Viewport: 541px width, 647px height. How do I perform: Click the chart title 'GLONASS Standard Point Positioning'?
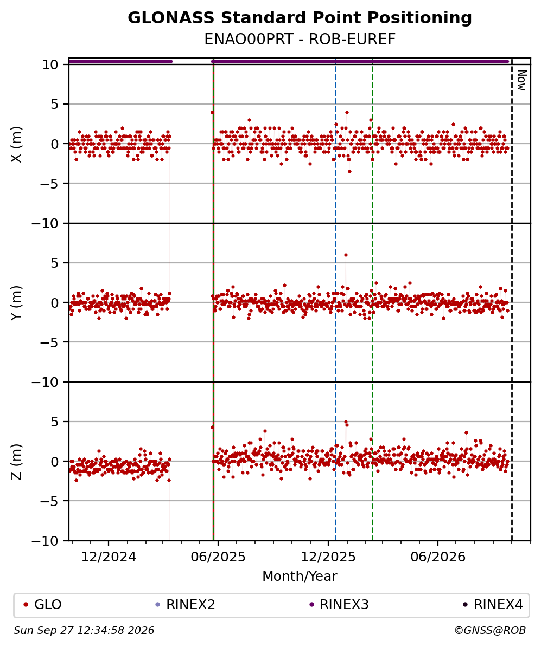300,18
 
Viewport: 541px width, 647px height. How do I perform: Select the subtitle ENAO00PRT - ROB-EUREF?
300,39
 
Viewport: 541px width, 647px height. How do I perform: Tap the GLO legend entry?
43,605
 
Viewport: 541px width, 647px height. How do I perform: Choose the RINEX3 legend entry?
339,605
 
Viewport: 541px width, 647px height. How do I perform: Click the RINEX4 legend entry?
493,605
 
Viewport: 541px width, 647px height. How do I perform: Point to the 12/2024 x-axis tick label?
109,557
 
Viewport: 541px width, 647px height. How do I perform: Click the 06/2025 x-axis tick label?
218,557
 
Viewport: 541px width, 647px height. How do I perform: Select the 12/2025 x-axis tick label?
328,557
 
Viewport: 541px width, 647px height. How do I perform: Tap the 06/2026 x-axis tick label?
438,557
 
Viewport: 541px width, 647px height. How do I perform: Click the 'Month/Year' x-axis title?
300,576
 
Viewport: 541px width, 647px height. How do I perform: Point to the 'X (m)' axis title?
16,144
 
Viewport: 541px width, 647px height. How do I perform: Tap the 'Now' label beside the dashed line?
521,80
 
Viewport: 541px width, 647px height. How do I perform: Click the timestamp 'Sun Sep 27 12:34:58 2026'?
84,631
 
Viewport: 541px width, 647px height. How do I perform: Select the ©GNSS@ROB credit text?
490,631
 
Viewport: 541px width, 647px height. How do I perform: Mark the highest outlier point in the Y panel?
346,255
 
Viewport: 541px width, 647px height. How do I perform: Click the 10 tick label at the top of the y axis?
49,65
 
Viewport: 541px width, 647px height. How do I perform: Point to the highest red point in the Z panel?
346,422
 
